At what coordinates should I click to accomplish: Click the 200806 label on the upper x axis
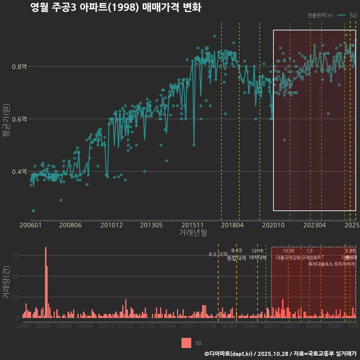coord(70,225)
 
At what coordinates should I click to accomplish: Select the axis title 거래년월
coord(193,233)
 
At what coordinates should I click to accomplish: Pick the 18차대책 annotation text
coord(257,258)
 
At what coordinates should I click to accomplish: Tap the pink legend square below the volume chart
coord(186,343)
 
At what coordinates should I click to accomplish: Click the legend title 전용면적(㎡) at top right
coord(320,15)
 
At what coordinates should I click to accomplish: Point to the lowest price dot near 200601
coord(33,211)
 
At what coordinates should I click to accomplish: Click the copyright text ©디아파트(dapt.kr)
coord(229,353)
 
